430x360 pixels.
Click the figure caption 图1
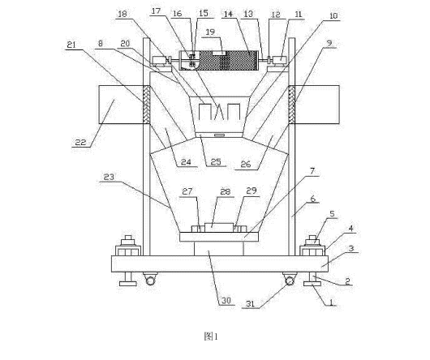[211, 336]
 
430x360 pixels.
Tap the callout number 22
[80, 142]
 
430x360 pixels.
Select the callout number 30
[227, 301]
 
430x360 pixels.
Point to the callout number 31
[250, 303]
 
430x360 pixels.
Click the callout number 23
[109, 177]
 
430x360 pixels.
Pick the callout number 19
[210, 32]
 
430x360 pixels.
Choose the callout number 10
[333, 16]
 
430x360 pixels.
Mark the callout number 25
[216, 161]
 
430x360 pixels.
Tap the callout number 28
[226, 191]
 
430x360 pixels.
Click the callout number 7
[312, 171]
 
